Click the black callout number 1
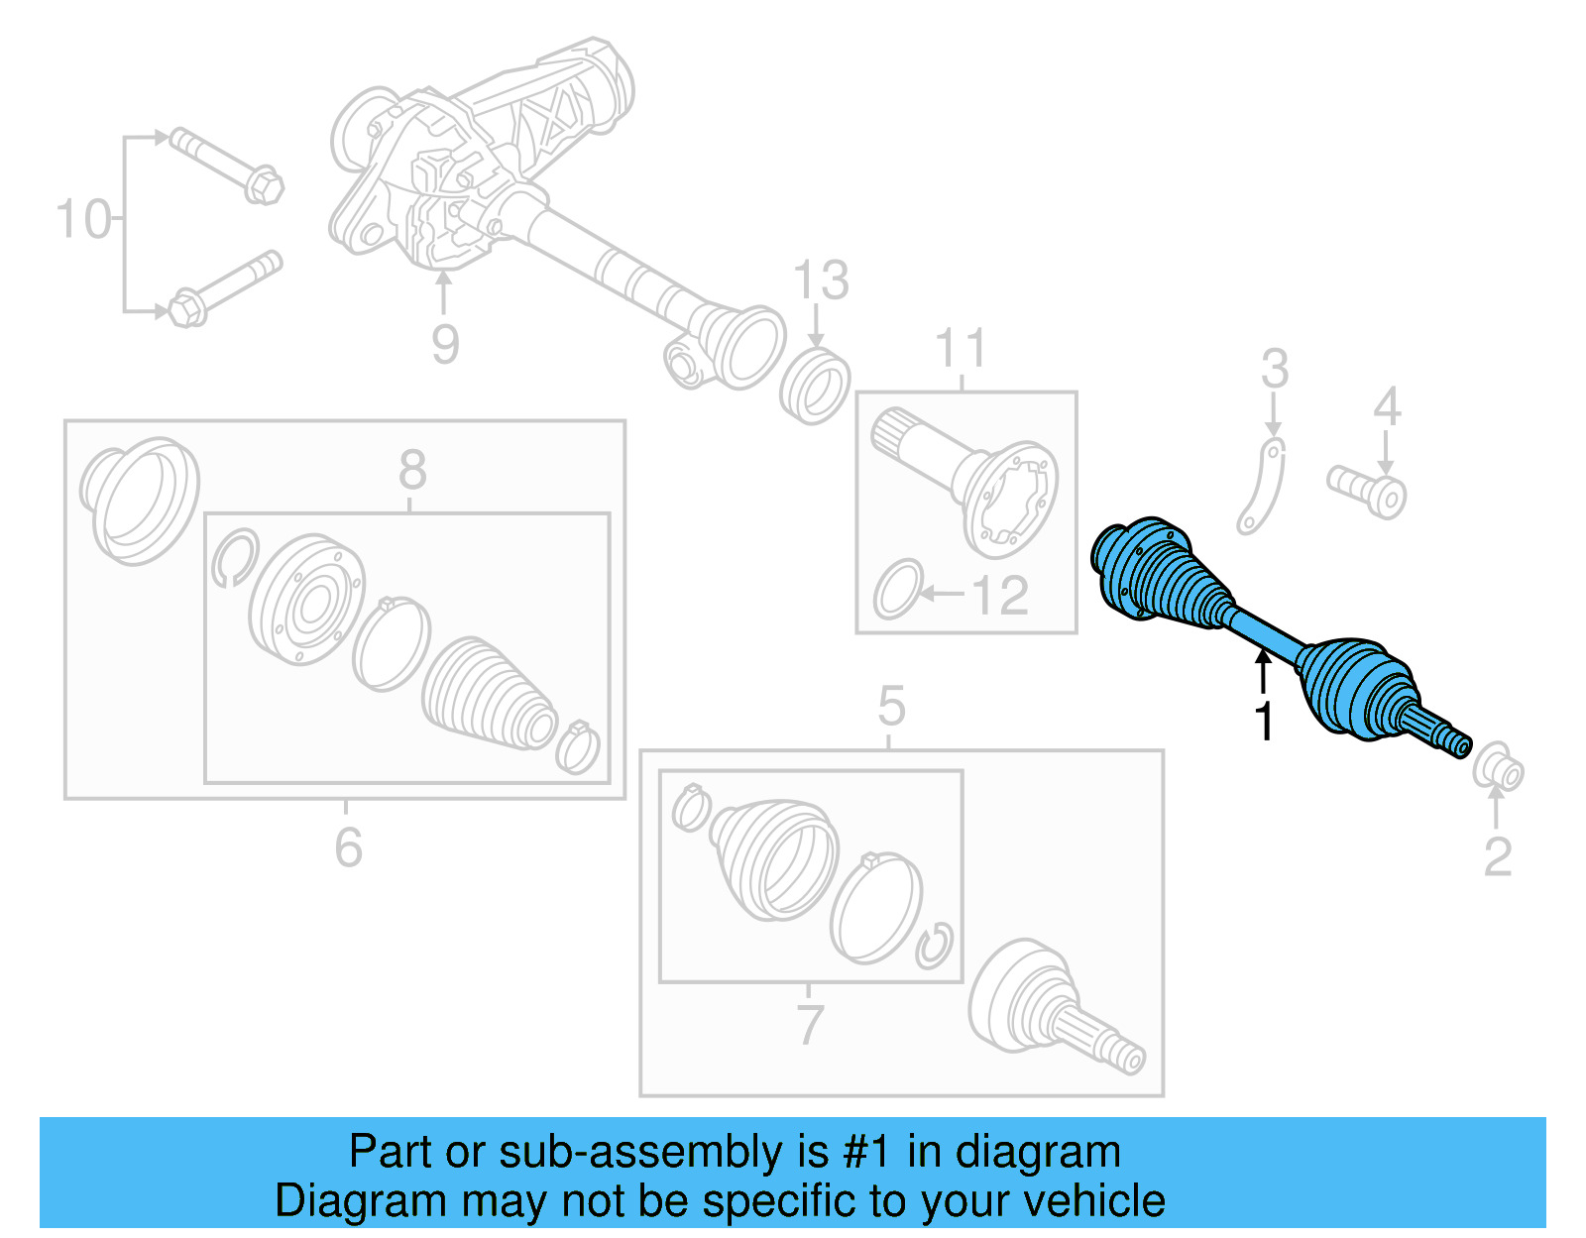pyautogui.click(x=1263, y=722)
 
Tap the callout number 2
pyautogui.click(x=1497, y=856)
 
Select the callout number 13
pyautogui.click(x=821, y=281)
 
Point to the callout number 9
pyautogui.click(x=445, y=344)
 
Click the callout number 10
pyautogui.click(x=83, y=219)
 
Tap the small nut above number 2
pyautogui.click(x=1498, y=770)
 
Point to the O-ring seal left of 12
pyautogui.click(x=898, y=590)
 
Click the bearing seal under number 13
pyautogui.click(x=814, y=387)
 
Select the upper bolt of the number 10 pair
pyautogui.click(x=227, y=166)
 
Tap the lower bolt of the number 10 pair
pyautogui.click(x=227, y=288)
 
